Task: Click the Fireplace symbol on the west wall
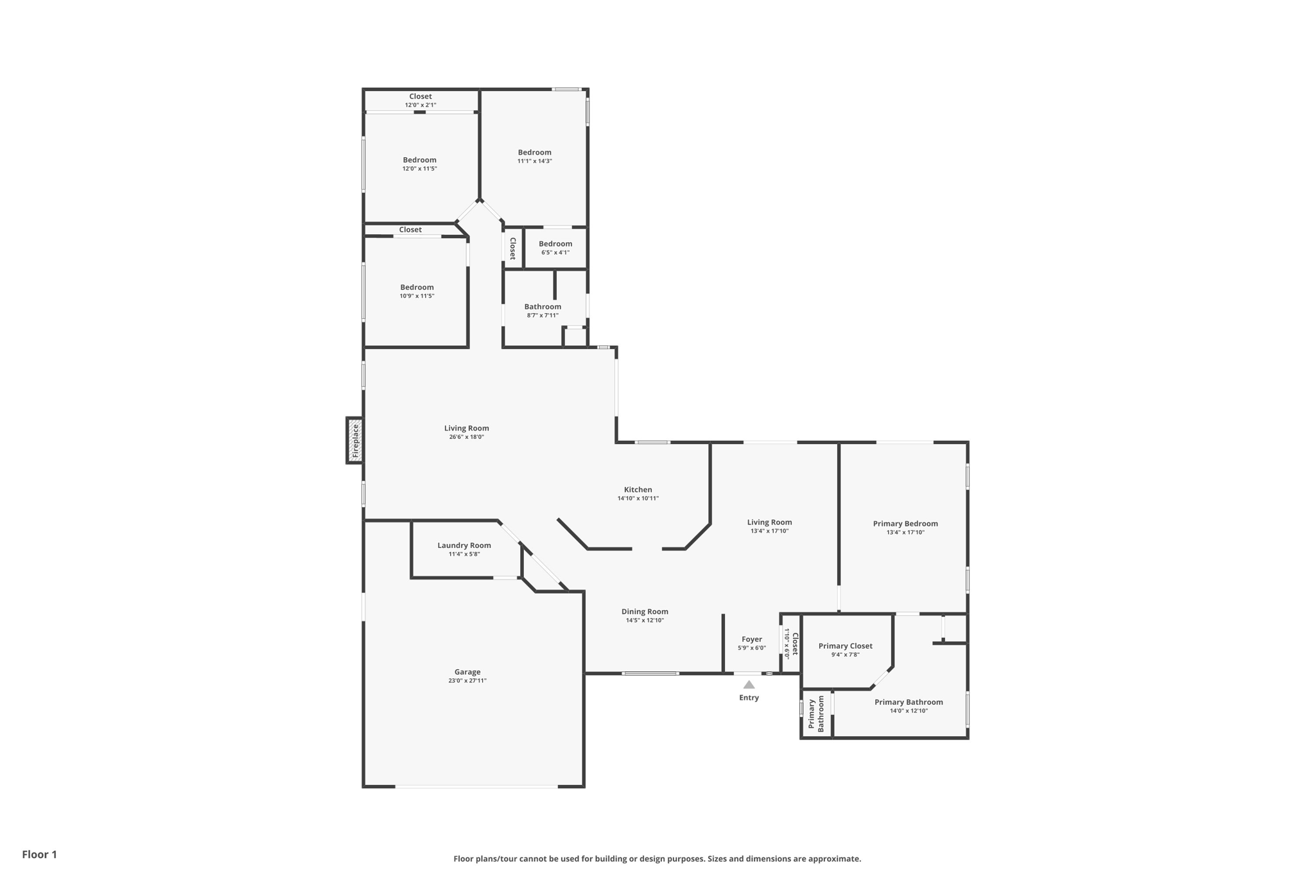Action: coord(354,441)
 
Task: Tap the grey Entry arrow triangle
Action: coord(749,685)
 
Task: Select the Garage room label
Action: coord(467,672)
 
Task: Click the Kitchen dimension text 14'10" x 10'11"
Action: coord(638,498)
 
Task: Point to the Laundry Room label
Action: coord(464,545)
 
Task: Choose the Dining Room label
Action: coord(645,612)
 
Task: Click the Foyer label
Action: coord(752,639)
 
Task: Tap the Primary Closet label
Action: coord(845,646)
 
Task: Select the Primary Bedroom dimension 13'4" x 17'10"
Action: coord(905,532)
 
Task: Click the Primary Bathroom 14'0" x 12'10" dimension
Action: coord(909,710)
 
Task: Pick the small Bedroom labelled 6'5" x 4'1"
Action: coord(555,244)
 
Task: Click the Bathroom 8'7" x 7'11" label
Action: coord(543,307)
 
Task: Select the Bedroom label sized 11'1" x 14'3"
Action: coord(534,153)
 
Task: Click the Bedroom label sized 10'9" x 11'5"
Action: coord(417,288)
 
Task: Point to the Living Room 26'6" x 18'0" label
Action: coord(466,429)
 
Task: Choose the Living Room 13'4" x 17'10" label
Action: coord(769,522)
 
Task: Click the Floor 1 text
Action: coord(40,854)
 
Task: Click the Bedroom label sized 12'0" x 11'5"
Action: coord(419,160)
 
